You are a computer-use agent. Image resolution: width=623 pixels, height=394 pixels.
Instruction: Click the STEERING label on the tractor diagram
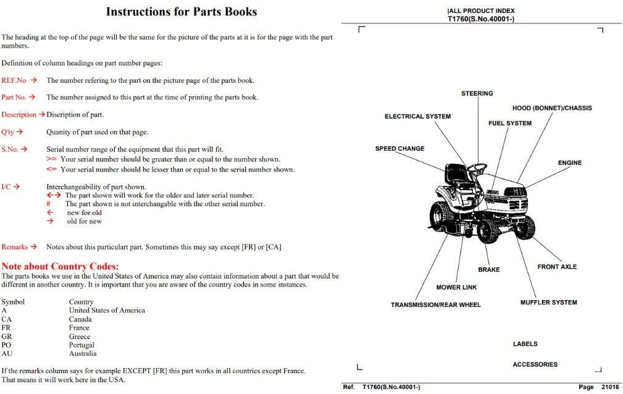pyautogui.click(x=477, y=93)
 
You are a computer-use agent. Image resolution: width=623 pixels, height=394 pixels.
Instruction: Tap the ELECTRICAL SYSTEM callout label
pyautogui.click(x=417, y=117)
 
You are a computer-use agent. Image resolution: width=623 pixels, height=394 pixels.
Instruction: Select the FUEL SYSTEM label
pyautogui.click(x=510, y=124)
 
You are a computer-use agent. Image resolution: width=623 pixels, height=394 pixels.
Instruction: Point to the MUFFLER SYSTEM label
pyautogui.click(x=548, y=303)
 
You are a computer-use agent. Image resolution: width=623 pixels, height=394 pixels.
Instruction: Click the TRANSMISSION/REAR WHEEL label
pyautogui.click(x=435, y=305)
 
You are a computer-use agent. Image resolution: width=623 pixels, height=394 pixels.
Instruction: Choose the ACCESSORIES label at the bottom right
pyautogui.click(x=535, y=364)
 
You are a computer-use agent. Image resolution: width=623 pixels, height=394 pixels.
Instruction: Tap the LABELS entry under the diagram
pyautogui.click(x=525, y=344)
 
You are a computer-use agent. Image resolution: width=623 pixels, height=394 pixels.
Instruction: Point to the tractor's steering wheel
pyautogui.click(x=477, y=169)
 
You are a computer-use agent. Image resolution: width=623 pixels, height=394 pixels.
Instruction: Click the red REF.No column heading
pyautogui.click(x=14, y=80)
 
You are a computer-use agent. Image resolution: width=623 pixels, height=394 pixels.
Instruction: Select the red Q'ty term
pyautogui.click(x=7, y=132)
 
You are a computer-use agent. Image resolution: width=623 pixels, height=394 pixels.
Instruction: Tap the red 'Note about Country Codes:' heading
pyautogui.click(x=60, y=266)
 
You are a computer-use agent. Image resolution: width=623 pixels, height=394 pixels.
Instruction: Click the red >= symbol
pyautogui.click(x=51, y=159)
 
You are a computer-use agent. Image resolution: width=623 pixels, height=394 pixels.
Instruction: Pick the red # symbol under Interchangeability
pyautogui.click(x=49, y=204)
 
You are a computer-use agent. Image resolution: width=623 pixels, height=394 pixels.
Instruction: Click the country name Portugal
pyautogui.click(x=82, y=345)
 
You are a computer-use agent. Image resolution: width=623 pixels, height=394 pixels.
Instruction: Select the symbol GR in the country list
pyautogui.click(x=6, y=337)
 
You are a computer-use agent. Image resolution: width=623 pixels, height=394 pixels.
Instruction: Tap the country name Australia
pyautogui.click(x=83, y=353)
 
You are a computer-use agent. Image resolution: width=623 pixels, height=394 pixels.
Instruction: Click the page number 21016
pyautogui.click(x=610, y=387)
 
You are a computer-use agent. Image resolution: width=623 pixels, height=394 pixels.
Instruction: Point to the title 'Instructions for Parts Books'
pyautogui.click(x=182, y=12)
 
